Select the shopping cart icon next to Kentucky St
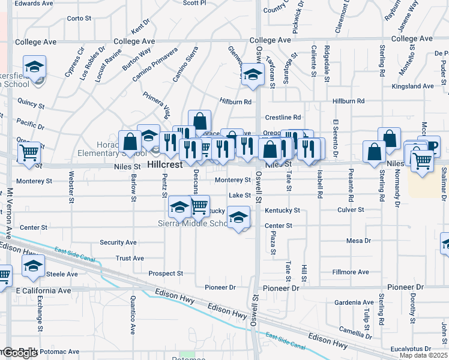(x=199, y=207)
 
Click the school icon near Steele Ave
(x=34, y=266)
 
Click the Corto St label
(x=79, y=18)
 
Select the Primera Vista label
(x=157, y=103)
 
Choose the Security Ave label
(x=118, y=242)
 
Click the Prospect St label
(x=165, y=273)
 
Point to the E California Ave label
(x=43, y=290)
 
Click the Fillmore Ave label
(x=351, y=272)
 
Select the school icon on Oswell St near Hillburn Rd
(x=253, y=76)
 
